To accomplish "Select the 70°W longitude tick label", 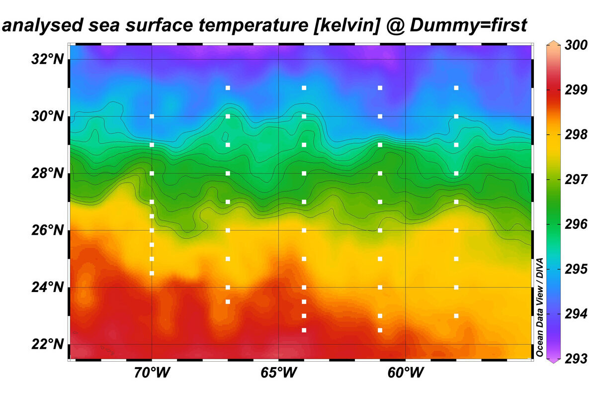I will click(151, 373).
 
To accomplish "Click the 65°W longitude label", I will click(278, 373).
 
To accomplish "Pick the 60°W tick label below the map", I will click(405, 373).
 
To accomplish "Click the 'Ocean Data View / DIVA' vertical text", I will click(539, 307).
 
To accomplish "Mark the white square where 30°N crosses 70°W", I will click(152, 116).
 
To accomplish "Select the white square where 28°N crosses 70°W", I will click(152, 173).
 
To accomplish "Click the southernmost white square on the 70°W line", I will click(152, 273).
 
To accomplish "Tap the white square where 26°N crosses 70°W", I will click(152, 230).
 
